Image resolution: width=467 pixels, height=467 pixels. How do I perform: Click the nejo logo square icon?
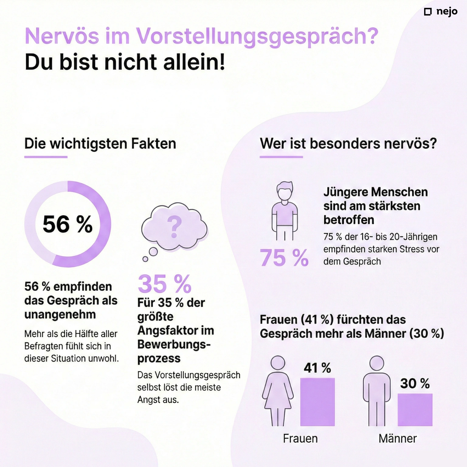[428, 12]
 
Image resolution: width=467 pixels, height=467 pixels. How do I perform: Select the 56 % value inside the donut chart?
[67, 224]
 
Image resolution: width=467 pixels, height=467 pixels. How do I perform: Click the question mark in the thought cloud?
[174, 227]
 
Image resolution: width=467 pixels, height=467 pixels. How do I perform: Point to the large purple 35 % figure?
[164, 284]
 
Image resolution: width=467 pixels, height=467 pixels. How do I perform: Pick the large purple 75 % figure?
[284, 258]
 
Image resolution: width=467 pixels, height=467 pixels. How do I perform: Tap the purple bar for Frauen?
[317, 402]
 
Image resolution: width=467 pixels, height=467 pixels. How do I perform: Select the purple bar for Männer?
[415, 410]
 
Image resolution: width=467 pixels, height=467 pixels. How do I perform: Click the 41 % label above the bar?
[317, 368]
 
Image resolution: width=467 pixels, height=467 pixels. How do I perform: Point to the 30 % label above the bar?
[415, 383]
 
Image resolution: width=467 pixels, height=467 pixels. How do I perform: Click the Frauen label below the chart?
[300, 438]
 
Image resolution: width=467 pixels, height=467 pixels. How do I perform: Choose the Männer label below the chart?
[398, 438]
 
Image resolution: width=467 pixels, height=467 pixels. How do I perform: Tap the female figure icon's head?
[278, 363]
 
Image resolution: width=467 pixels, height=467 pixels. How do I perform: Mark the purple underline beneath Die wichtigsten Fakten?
[46, 157]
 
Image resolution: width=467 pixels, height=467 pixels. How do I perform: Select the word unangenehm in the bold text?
[60, 314]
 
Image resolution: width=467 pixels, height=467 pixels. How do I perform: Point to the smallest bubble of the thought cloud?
[145, 259]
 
